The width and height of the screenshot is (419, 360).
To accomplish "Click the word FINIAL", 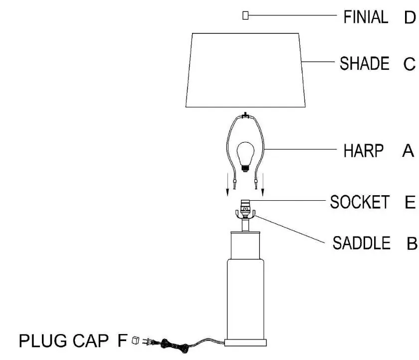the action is [x=366, y=17].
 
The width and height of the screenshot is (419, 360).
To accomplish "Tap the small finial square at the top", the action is [x=245, y=15].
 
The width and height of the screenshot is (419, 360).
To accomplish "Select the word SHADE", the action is [x=365, y=63].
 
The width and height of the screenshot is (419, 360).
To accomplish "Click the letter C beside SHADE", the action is [x=410, y=64].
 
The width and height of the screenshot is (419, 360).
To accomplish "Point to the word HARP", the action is [x=364, y=151].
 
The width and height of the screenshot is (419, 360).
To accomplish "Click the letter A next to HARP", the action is [x=408, y=151].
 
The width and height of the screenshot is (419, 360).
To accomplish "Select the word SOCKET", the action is [x=360, y=202].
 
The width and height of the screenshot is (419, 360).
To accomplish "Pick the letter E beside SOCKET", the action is [x=410, y=202].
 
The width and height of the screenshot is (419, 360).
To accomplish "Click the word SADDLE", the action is [x=361, y=243].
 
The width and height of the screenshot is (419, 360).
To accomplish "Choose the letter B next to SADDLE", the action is [x=412, y=243].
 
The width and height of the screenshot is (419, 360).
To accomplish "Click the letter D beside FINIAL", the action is [x=410, y=17].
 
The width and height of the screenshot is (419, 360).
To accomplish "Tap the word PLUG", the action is [x=43, y=341].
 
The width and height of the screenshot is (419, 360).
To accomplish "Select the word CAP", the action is [x=91, y=341].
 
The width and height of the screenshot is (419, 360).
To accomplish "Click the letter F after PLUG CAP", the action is [x=122, y=341].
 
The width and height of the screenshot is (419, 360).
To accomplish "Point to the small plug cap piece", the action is [x=136, y=340].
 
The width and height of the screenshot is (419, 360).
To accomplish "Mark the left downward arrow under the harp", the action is [x=227, y=185].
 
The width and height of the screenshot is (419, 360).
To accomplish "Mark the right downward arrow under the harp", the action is [x=263, y=185].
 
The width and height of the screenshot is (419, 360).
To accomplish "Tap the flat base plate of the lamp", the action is [x=245, y=343].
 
